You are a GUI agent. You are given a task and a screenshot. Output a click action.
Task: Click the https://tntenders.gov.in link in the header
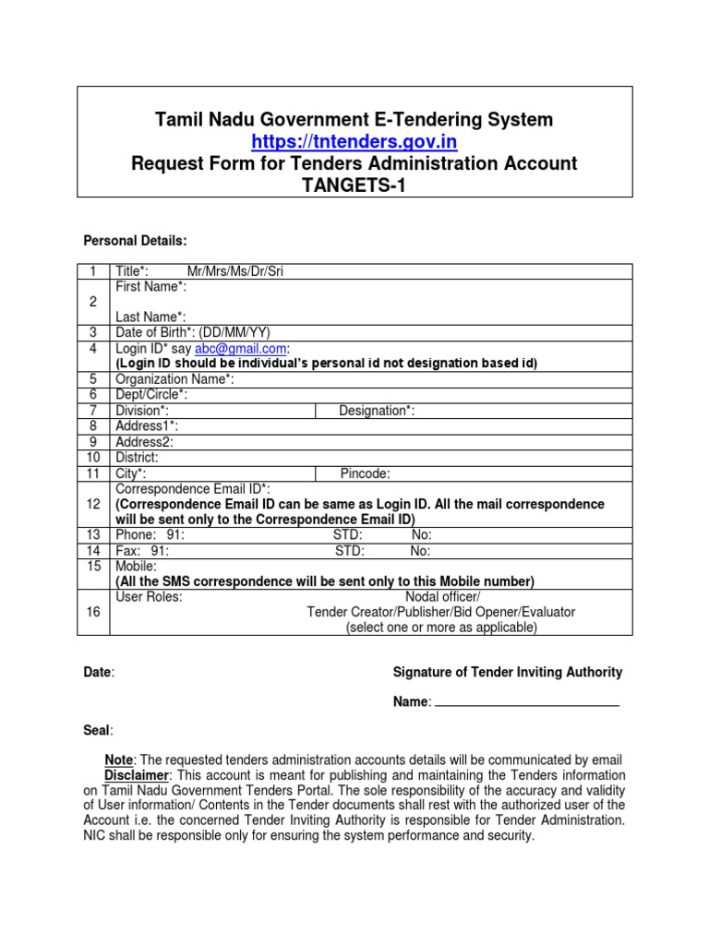[x=354, y=141]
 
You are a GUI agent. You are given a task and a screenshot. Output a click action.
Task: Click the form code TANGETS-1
[x=354, y=185]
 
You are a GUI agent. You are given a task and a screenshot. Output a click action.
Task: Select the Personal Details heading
[x=136, y=241]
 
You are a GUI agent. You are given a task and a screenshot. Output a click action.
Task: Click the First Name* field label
[x=150, y=286]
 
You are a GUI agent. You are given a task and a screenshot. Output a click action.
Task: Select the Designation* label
[x=377, y=411]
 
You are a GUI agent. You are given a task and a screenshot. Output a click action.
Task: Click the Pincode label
[x=365, y=473]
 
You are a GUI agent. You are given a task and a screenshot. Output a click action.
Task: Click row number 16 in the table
[x=92, y=612]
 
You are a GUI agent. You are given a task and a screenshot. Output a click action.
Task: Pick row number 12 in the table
[x=92, y=504]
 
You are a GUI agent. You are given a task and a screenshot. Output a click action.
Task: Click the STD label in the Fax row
[x=349, y=551]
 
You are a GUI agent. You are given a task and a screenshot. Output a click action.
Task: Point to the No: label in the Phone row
[x=421, y=535]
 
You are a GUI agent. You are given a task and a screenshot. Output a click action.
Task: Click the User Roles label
[x=149, y=597]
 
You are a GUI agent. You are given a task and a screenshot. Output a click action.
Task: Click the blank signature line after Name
[x=526, y=704]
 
